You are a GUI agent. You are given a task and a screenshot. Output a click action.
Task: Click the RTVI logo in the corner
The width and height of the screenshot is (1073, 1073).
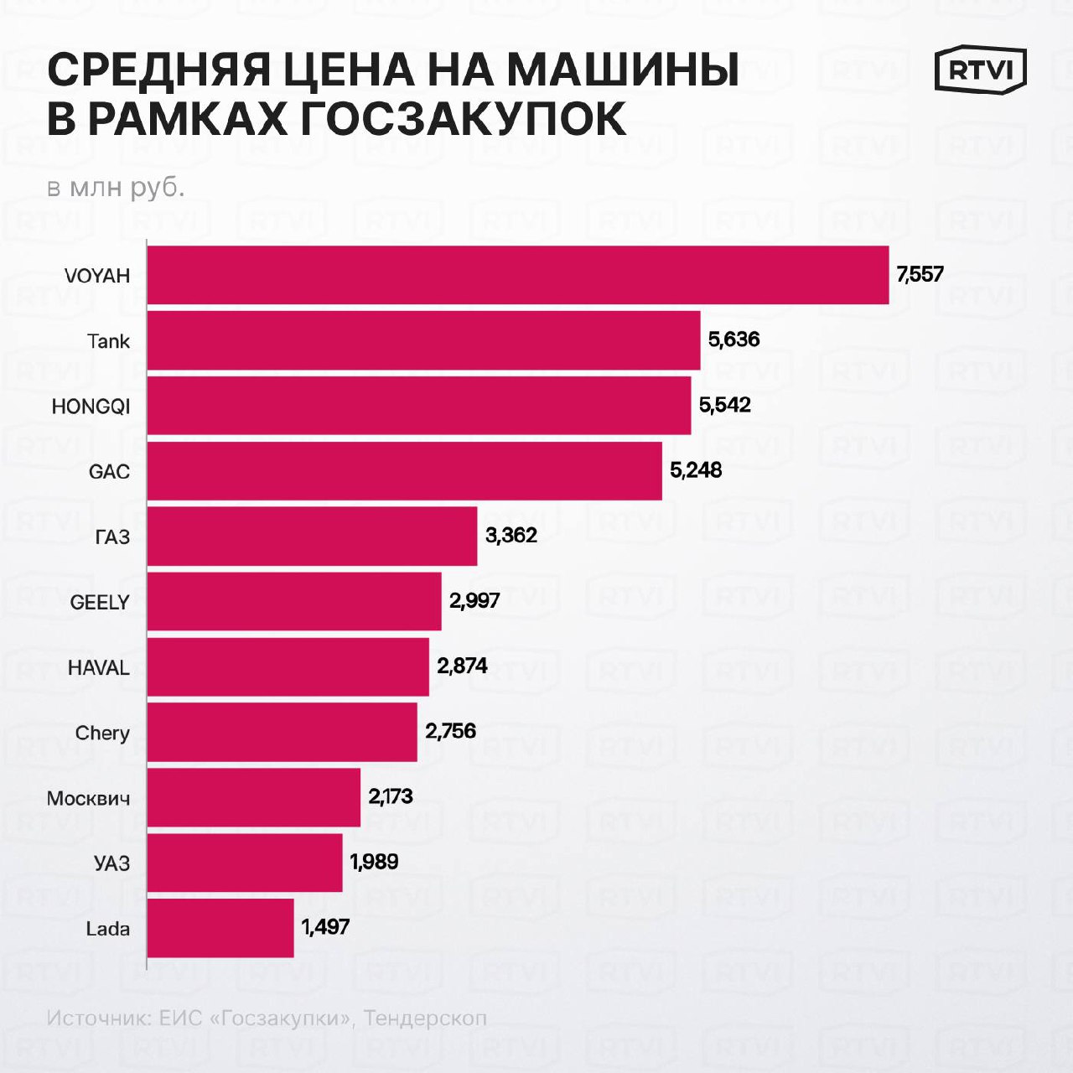pos(980,70)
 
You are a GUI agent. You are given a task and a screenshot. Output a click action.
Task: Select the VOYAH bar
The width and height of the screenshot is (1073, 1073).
pos(517,275)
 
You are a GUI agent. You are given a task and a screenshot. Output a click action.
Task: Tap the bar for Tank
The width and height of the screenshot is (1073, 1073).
pos(423,340)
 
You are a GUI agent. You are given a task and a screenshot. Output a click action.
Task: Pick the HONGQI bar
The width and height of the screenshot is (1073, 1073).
pos(419,406)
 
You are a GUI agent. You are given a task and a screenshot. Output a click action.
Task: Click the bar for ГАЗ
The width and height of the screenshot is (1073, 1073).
pos(312,536)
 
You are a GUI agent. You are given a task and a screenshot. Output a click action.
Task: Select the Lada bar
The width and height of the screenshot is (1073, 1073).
pos(220,928)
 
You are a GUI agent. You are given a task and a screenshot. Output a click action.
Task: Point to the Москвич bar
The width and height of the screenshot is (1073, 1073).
pos(254,797)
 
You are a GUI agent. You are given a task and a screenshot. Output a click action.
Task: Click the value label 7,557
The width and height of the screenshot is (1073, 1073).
pos(920,275)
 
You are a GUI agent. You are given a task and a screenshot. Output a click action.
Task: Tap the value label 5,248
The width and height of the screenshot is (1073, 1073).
pos(695,470)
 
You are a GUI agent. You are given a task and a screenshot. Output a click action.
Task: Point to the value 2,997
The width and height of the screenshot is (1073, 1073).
pos(474,601)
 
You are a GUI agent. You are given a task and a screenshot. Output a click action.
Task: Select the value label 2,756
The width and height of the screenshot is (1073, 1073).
pos(450,731)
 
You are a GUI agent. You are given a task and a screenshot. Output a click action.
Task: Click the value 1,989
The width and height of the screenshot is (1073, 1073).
pos(374,862)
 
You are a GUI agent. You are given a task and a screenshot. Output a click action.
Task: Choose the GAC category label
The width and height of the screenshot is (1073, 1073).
pos(109,472)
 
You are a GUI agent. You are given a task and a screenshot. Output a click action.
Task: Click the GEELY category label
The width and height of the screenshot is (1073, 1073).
pos(100,603)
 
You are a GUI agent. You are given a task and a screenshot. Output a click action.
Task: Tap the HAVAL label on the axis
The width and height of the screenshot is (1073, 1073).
pos(99,668)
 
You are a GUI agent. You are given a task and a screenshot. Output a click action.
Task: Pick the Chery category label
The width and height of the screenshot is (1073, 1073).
pos(102,733)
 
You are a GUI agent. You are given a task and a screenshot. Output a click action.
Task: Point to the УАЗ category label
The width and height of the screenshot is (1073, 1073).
pos(111,863)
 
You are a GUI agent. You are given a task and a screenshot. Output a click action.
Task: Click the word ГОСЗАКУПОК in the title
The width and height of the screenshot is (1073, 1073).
pos(463,119)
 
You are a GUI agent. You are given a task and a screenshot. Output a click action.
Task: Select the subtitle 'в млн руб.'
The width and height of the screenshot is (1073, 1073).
pos(116,188)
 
